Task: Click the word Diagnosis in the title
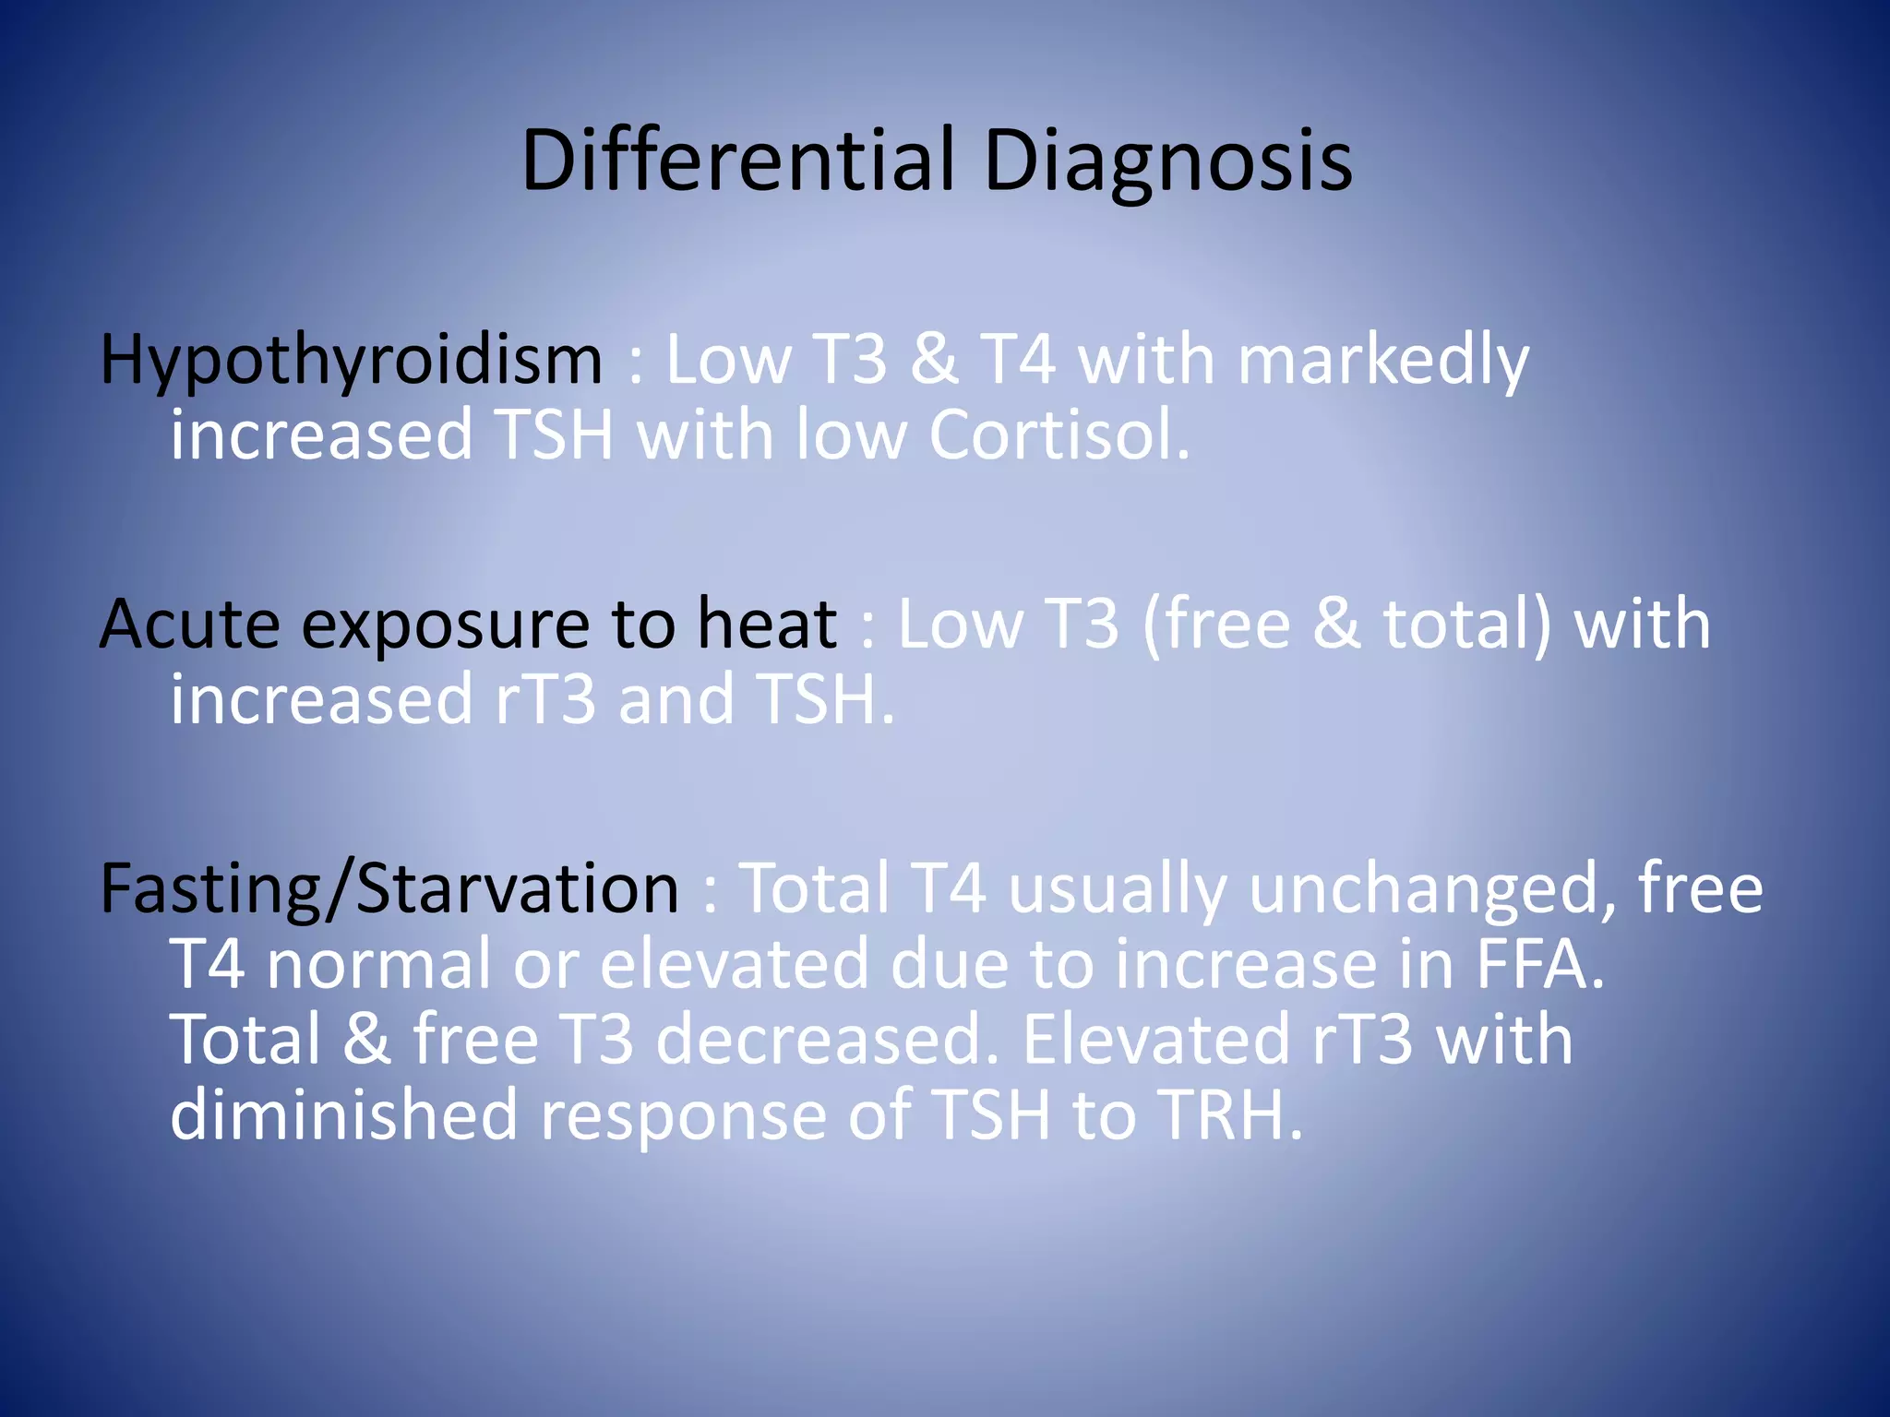pos(1167,161)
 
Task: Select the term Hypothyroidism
pos(351,361)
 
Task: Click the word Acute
pos(189,625)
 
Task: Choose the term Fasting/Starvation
pos(389,889)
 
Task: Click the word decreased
pos(828,1040)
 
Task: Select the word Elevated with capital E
pos(1155,1040)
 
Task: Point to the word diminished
pos(343,1114)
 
